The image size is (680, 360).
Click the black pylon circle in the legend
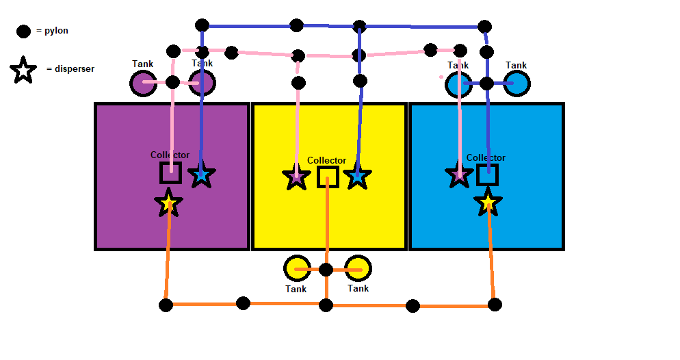(23, 31)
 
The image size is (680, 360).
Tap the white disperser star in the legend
(23, 70)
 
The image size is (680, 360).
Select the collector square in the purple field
(170, 172)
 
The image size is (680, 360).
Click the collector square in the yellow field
(328, 177)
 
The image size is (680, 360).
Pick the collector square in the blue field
(487, 175)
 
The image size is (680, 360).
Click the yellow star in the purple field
(168, 203)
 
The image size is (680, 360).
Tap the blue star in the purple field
(201, 175)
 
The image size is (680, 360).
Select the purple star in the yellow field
(296, 177)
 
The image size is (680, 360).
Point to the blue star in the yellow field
(357, 177)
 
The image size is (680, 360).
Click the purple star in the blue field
(459, 175)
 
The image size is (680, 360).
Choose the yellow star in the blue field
(488, 203)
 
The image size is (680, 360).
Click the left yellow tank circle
(297, 269)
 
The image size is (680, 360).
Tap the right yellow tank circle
(358, 269)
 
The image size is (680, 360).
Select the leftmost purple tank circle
(143, 83)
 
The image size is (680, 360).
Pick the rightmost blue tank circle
(516, 84)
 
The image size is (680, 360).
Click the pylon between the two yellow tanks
(326, 269)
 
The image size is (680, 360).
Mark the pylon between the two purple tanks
(172, 83)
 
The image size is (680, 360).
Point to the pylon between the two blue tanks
(487, 84)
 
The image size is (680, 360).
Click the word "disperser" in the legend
(70, 68)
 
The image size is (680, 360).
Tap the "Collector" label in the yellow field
(326, 160)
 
